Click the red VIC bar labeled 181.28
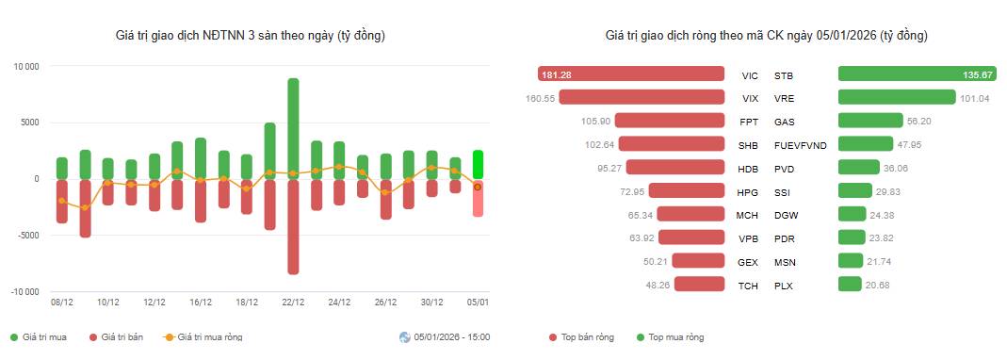pyautogui.click(x=638, y=74)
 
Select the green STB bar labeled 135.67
pyautogui.click(x=911, y=74)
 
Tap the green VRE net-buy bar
pyautogui.click(x=897, y=97)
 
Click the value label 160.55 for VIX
pyautogui.click(x=542, y=97)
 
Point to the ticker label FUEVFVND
pyautogui.click(x=800, y=145)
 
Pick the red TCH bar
pyautogui.click(x=699, y=285)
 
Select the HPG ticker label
pyautogui.click(x=749, y=192)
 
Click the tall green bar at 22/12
pyautogui.click(x=293, y=128)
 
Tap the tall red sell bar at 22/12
pyautogui.click(x=293, y=226)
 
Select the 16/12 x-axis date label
pyautogui.click(x=200, y=303)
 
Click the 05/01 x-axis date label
pyautogui.click(x=479, y=303)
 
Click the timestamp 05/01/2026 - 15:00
pyautogui.click(x=450, y=337)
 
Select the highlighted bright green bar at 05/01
pyautogui.click(x=479, y=164)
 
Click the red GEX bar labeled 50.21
pyautogui.click(x=698, y=261)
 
